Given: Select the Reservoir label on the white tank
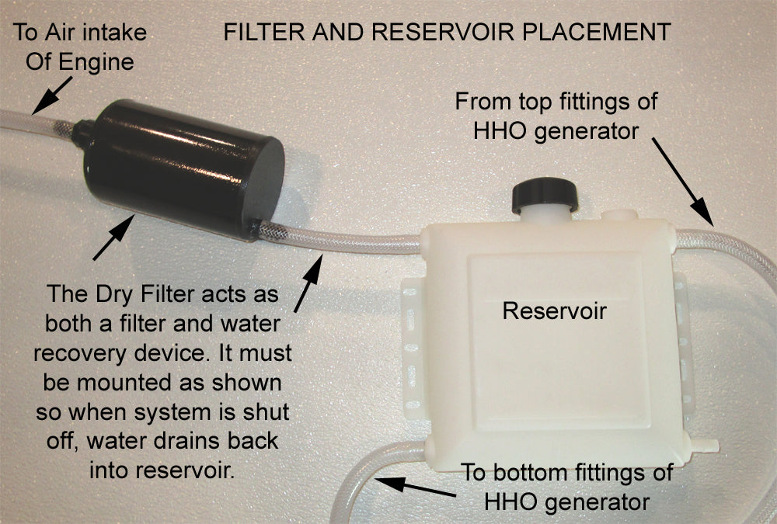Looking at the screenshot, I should tap(553, 311).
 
